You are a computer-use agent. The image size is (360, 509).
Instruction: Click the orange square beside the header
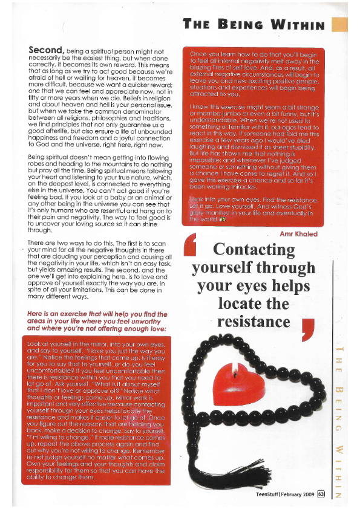(x=340, y=24)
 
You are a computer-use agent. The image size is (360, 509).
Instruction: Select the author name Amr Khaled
(x=299, y=234)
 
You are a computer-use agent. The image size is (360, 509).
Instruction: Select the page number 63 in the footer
(x=321, y=493)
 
